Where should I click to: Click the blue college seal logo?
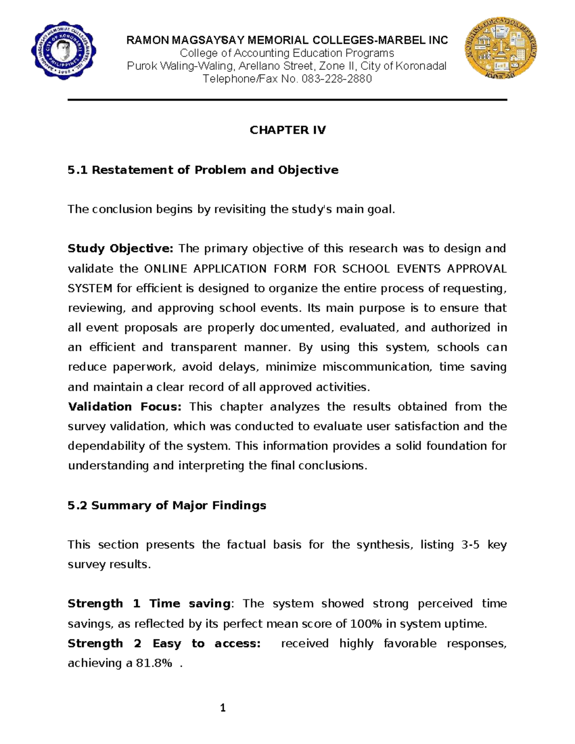[x=64, y=51]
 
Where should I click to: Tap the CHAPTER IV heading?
[x=287, y=130]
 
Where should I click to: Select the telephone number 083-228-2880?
[x=336, y=79]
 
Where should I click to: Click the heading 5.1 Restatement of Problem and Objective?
[x=203, y=170]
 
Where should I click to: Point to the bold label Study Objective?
[x=120, y=249]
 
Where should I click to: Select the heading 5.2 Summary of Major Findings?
[x=167, y=505]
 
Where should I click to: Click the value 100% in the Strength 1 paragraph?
[x=366, y=624]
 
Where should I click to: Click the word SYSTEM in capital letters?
[x=90, y=288]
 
